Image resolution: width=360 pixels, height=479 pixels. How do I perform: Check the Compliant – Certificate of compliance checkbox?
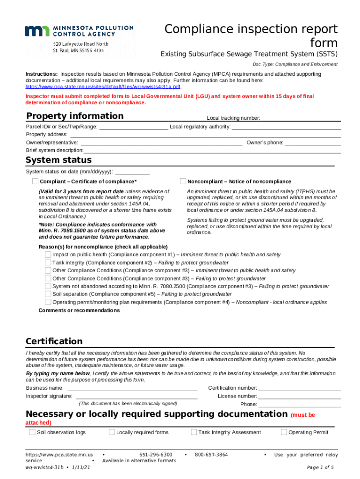point(35,181)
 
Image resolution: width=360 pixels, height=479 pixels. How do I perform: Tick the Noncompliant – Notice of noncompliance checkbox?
point(183,181)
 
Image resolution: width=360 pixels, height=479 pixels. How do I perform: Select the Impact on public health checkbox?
point(48,254)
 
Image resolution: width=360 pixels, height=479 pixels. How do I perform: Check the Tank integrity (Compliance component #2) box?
point(48,262)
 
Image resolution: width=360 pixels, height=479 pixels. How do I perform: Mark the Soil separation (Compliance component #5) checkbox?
point(48,294)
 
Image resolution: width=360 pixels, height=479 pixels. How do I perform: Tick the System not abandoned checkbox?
point(48,286)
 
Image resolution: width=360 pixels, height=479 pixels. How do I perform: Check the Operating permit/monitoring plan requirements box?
point(48,302)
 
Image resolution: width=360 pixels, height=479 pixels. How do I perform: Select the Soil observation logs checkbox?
point(32,432)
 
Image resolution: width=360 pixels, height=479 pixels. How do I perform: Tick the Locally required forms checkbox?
point(112,432)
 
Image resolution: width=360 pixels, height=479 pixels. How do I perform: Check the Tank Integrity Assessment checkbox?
point(194,432)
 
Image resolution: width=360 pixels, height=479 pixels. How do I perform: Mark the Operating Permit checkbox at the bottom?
point(284,432)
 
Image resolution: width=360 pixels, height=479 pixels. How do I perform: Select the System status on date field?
point(132,172)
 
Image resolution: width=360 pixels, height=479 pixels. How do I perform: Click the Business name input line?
point(133,388)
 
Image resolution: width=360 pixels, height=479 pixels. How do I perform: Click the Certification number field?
point(300,388)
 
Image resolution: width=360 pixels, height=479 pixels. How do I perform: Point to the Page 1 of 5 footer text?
point(320,467)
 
